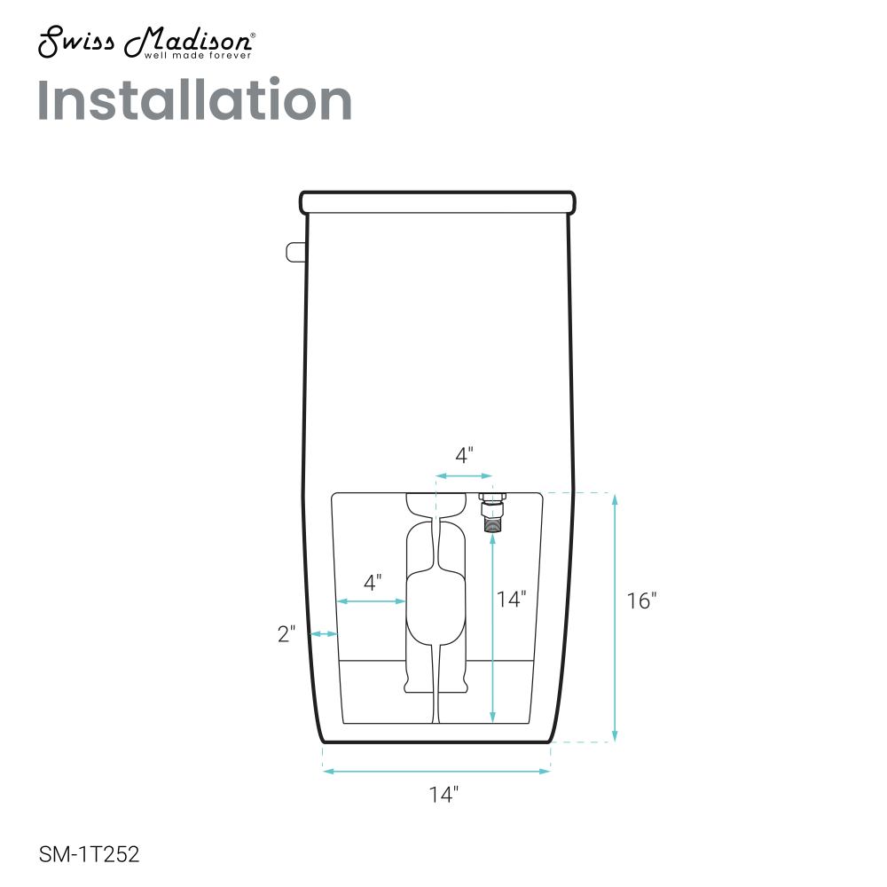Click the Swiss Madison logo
[x=146, y=42]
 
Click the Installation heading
[x=194, y=100]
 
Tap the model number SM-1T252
[x=89, y=853]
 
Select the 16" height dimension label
[x=641, y=600]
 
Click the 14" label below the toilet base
[x=443, y=794]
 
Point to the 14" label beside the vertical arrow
[x=512, y=599]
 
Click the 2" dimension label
[x=287, y=634]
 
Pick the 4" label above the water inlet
[x=465, y=455]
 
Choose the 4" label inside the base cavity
[x=373, y=582]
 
